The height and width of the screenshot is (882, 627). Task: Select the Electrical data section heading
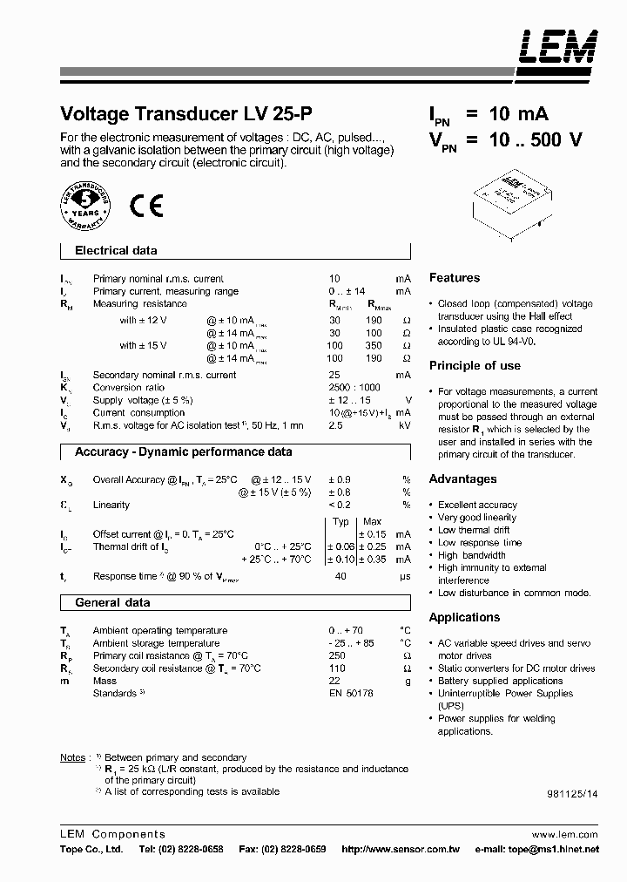116,251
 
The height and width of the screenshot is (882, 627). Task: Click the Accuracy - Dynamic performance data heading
183,452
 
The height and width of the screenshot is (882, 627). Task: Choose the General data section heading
112,603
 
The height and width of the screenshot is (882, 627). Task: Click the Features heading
454,278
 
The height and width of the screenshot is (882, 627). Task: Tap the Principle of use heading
475,366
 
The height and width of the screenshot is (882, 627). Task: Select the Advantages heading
462,479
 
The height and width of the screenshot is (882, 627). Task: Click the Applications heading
464,618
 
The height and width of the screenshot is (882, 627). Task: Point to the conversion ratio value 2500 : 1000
354,388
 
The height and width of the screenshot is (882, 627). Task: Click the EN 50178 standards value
350,694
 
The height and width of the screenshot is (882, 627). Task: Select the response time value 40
341,577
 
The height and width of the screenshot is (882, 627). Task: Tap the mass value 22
334,681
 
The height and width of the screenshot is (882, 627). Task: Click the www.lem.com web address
565,834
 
